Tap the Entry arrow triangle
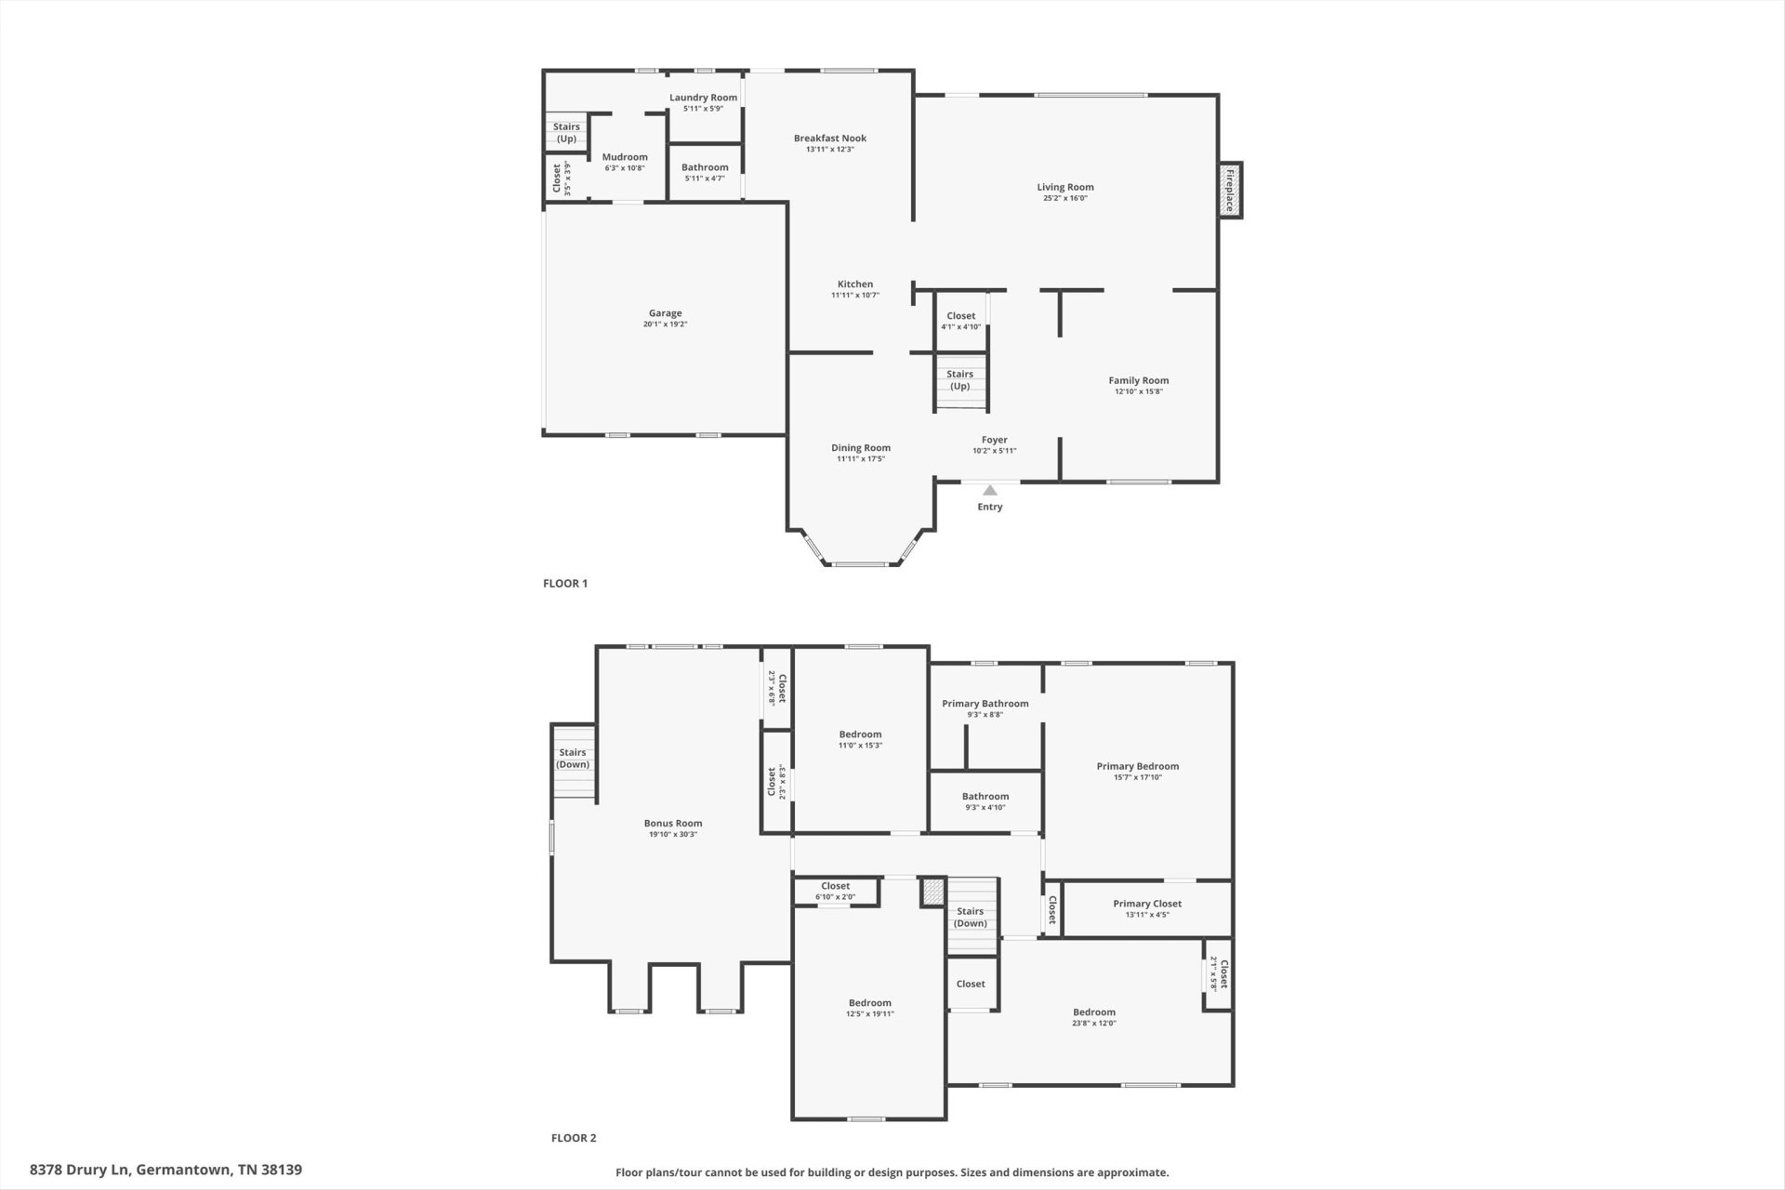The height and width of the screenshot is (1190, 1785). pos(990,490)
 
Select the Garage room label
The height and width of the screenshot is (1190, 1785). pos(665,313)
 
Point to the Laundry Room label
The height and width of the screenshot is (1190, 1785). pos(703,98)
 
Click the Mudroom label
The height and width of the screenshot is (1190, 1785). pos(625,157)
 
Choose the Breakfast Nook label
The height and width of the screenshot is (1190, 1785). pos(830,139)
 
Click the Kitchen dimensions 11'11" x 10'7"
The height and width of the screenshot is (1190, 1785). pos(855,296)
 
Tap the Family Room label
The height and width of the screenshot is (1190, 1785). pos(1139,380)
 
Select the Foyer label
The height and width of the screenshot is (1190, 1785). pos(995,440)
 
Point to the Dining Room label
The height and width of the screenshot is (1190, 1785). pos(861,448)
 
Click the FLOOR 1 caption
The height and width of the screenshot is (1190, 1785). pos(565,584)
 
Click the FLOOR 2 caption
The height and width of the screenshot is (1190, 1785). pos(574,1138)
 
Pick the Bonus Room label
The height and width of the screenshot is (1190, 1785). pos(673,824)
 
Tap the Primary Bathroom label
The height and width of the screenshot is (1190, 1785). pos(985,704)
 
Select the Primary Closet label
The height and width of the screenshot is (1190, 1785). pos(1147,904)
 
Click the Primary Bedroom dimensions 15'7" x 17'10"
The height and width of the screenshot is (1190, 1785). pos(1138,777)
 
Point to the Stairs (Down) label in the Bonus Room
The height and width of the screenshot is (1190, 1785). pos(573,759)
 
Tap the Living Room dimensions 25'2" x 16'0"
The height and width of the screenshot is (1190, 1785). pos(1065,198)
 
